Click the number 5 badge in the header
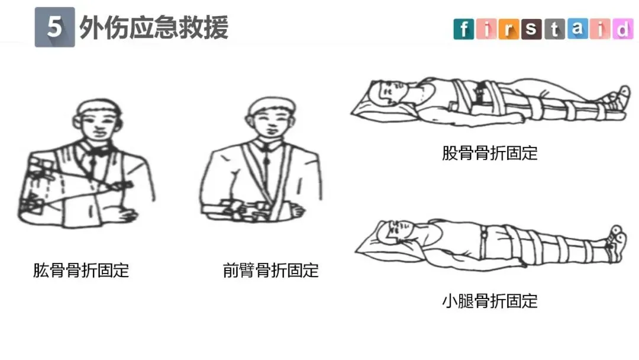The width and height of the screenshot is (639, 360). pos(54,27)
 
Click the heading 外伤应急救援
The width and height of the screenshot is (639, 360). pos(154,28)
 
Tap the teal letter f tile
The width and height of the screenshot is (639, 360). pos(464,29)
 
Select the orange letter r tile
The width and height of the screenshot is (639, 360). pos(509,29)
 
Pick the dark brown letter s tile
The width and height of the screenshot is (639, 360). pos(531,29)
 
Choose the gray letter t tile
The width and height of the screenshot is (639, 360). pos(554,29)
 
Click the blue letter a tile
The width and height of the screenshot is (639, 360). pos(577,29)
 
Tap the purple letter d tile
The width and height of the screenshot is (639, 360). pos(622,29)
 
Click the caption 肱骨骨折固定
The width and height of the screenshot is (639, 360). pos(81,271)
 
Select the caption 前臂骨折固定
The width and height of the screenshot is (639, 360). pos(270,271)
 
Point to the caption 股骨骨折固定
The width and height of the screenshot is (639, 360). pos(490,153)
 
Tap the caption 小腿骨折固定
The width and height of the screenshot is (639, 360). pos(490,301)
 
